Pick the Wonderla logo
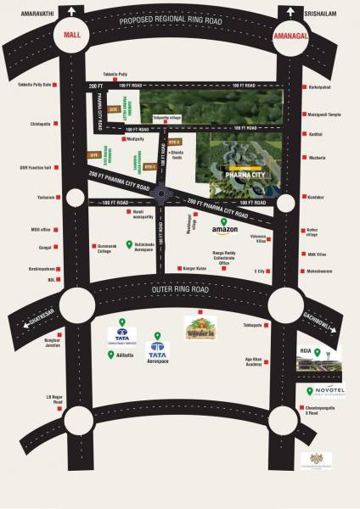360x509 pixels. (x=201, y=327)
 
